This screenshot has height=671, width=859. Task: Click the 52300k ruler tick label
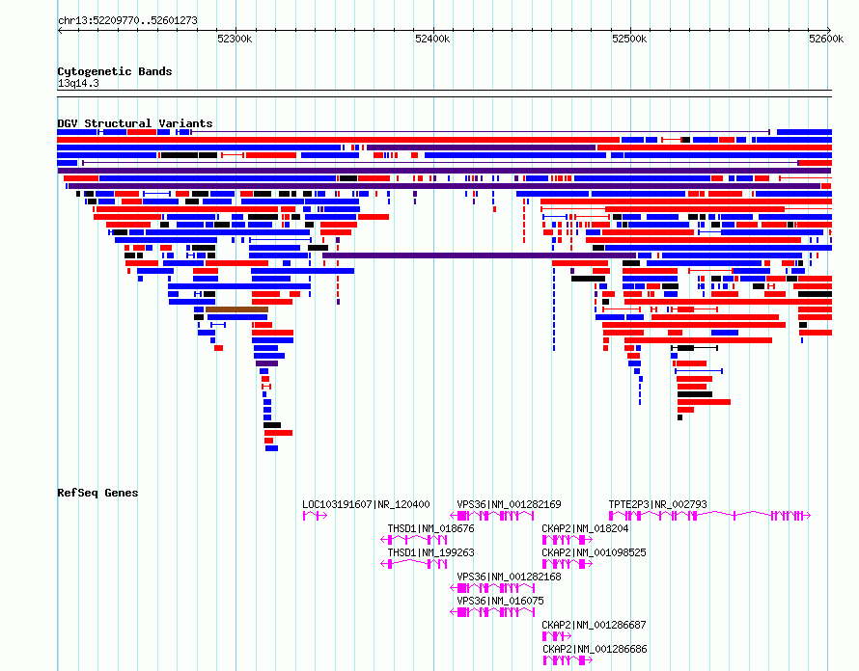235,39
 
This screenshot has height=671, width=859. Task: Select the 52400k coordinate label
432,39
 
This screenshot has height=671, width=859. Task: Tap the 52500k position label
629,39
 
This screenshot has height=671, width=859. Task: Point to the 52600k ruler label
826,39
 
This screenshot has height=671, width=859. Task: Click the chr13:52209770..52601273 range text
127,21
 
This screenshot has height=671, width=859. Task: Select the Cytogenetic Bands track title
115,71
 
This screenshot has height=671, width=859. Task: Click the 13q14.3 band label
78,83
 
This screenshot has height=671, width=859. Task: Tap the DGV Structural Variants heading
135,123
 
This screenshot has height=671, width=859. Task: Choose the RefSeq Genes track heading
97,493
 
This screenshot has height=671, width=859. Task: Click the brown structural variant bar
236,309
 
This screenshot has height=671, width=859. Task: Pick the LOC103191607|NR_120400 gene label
366,504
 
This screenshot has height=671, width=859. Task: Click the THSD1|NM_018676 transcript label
430,528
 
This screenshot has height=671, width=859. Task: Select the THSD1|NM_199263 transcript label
430,552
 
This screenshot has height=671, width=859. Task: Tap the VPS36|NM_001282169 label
509,504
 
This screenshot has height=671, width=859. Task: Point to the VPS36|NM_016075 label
501,601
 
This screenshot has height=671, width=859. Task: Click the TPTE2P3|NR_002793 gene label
657,504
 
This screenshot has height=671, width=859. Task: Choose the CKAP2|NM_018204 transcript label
585,528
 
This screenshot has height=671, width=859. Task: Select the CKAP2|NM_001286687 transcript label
594,625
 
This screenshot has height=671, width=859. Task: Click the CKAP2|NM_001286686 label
595,649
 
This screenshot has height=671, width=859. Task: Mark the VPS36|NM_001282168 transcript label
509,577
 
